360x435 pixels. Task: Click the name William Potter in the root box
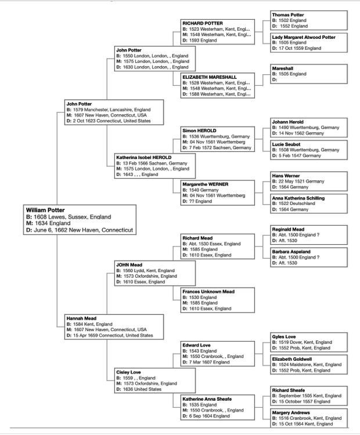45,210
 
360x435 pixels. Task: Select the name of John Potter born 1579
79,104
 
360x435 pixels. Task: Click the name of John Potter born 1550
128,50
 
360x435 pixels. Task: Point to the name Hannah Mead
81,318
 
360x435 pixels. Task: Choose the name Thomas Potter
288,15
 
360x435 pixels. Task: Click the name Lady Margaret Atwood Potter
304,37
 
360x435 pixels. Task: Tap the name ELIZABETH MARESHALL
210,77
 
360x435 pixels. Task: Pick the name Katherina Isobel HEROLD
143,158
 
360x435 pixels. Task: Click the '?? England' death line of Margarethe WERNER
197,201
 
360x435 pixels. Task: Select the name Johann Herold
287,122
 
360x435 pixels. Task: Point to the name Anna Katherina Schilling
298,198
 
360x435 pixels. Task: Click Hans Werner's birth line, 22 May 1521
298,182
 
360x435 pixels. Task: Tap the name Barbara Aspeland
291,252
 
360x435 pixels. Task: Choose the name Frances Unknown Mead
208,292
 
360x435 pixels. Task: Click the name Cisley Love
128,372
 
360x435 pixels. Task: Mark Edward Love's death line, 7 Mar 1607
206,362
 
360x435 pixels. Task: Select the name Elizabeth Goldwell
291,359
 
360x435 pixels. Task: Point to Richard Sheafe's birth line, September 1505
307,396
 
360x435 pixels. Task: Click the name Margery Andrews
291,413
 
